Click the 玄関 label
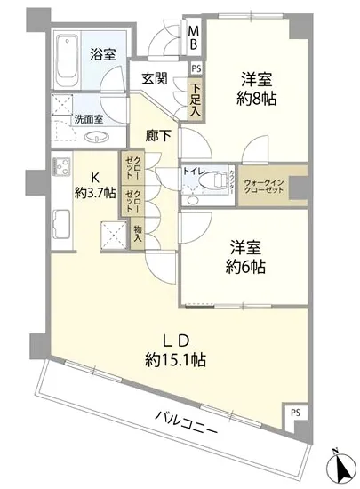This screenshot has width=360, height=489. coord(155,78)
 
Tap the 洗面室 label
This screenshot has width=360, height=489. coord(88,119)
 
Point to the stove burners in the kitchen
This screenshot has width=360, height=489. coord(63,168)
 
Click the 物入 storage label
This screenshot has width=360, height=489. coord(138,234)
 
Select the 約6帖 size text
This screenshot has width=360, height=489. coord(244,267)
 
